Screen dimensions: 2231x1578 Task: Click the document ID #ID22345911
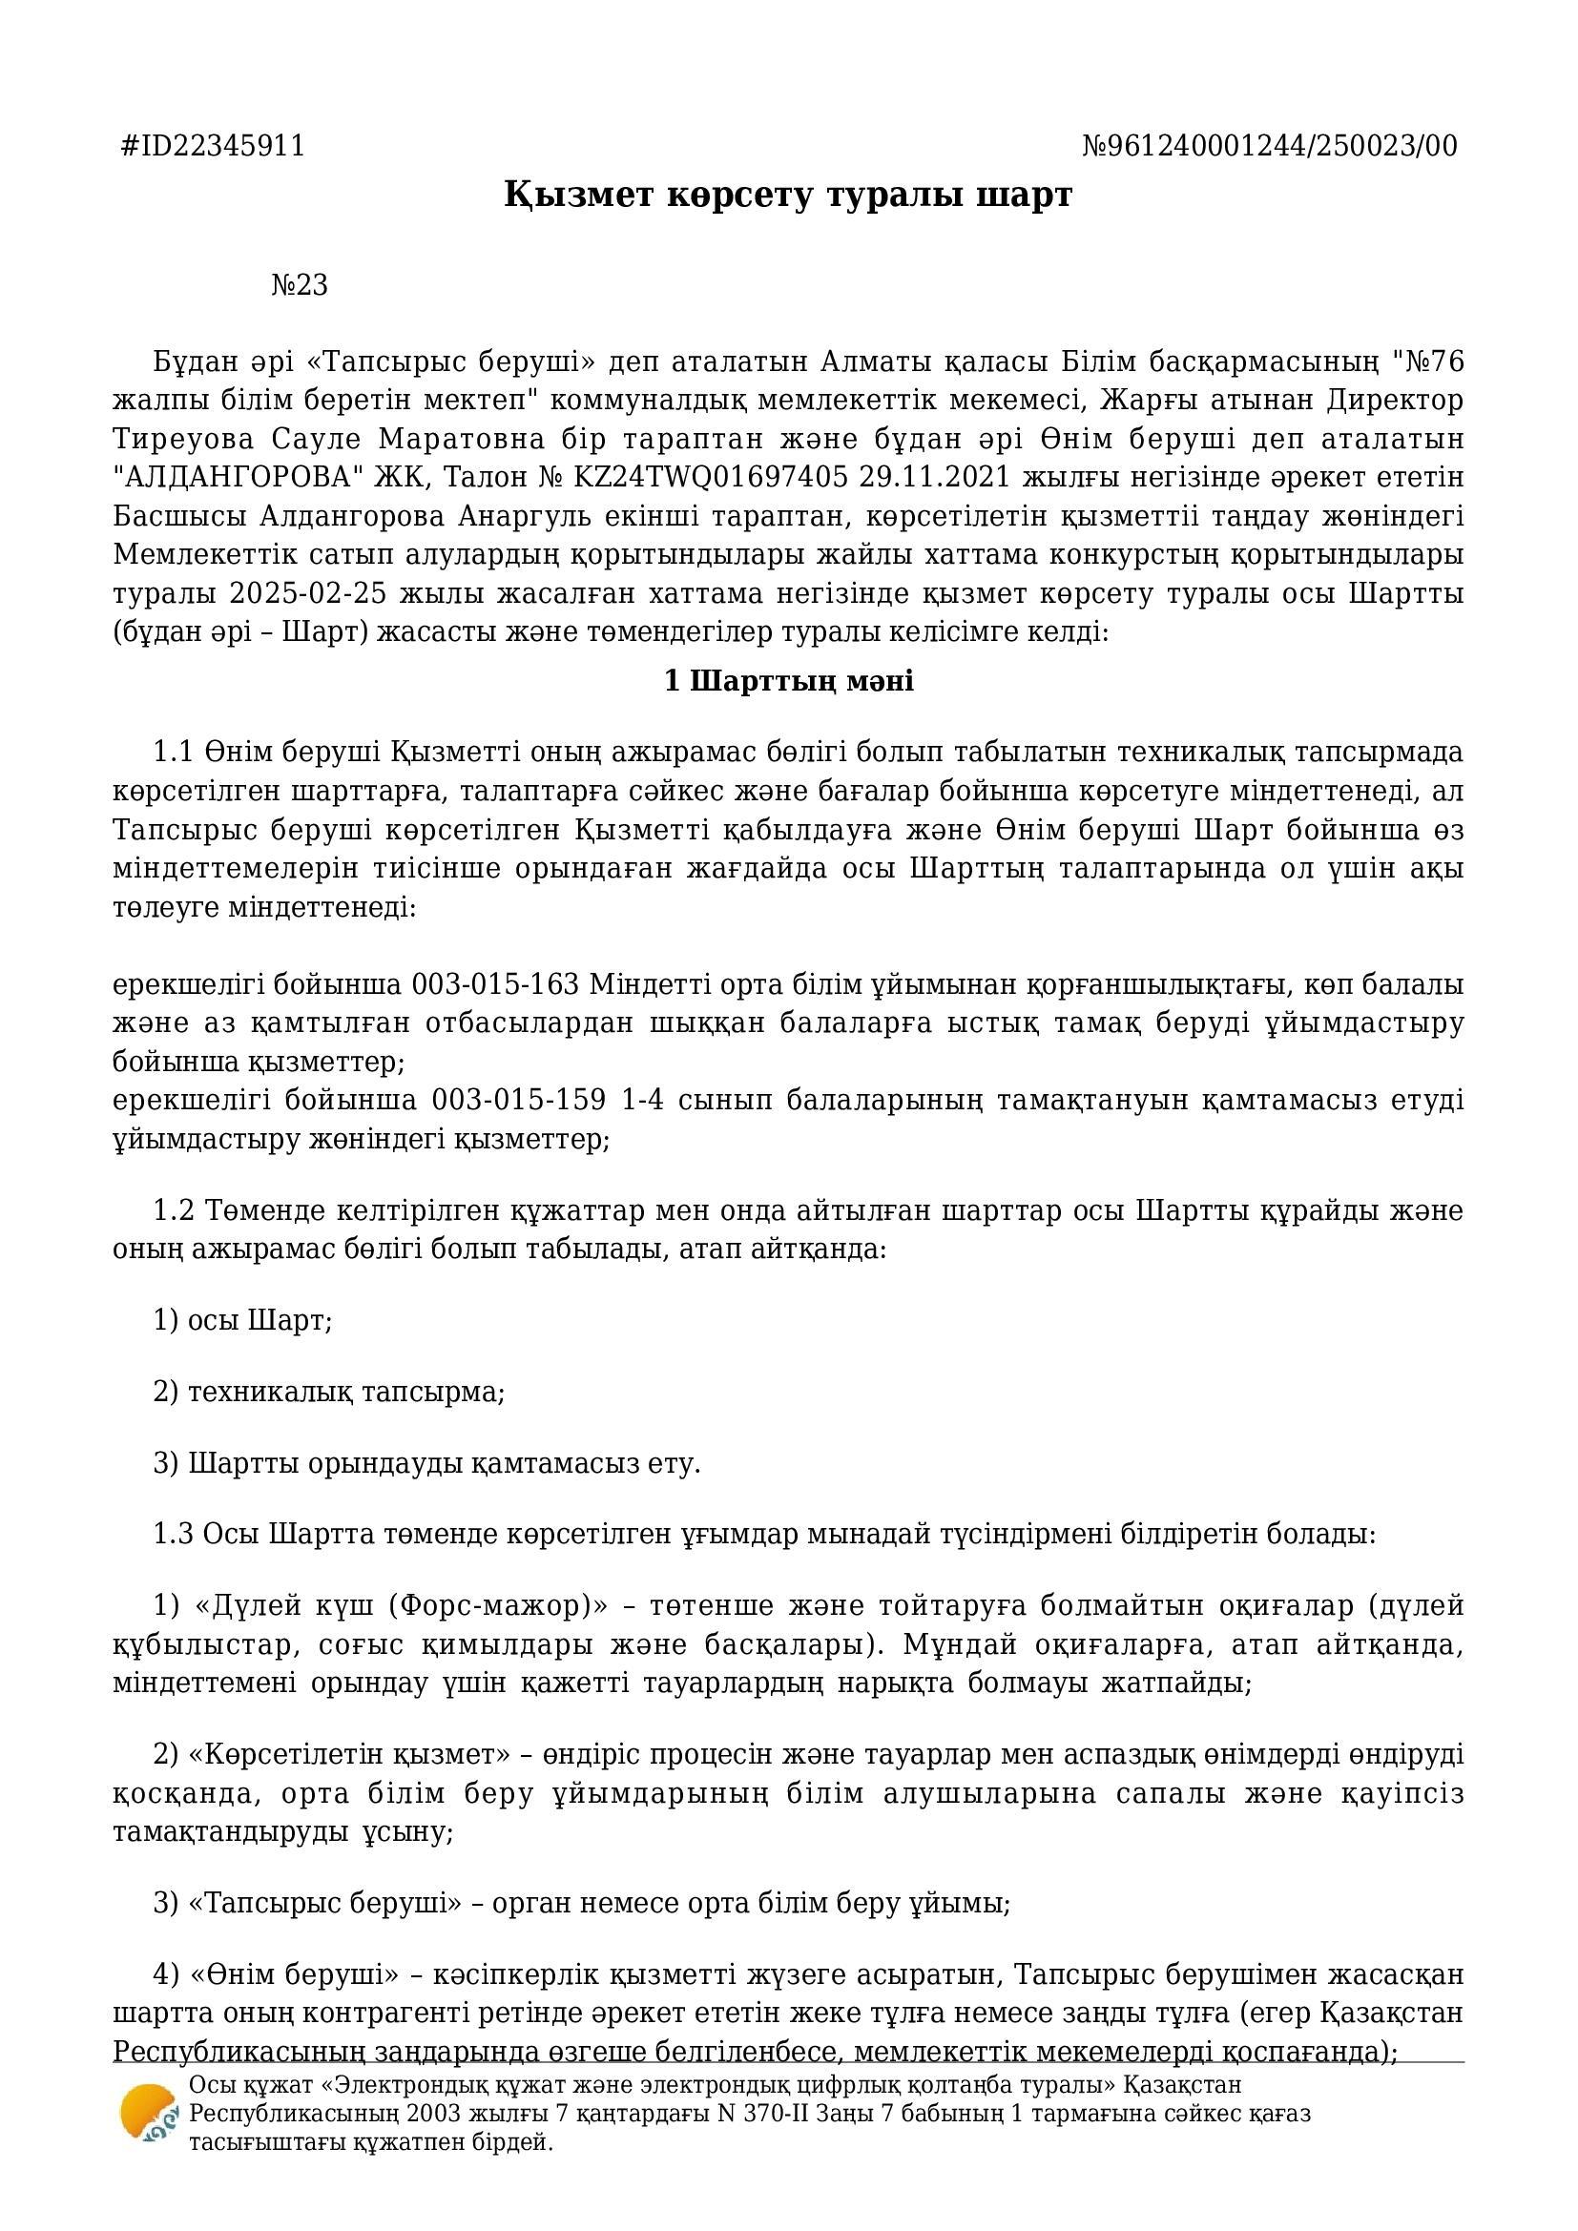point(212,146)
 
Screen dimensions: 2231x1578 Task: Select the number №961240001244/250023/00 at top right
point(1269,146)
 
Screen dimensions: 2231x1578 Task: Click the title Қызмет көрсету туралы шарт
point(788,196)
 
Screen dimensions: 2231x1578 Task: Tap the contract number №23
point(300,286)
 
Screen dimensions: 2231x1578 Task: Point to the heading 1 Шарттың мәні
point(788,681)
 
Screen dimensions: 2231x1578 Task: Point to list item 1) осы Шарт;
point(243,1320)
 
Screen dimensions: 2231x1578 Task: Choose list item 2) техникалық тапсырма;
point(329,1393)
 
